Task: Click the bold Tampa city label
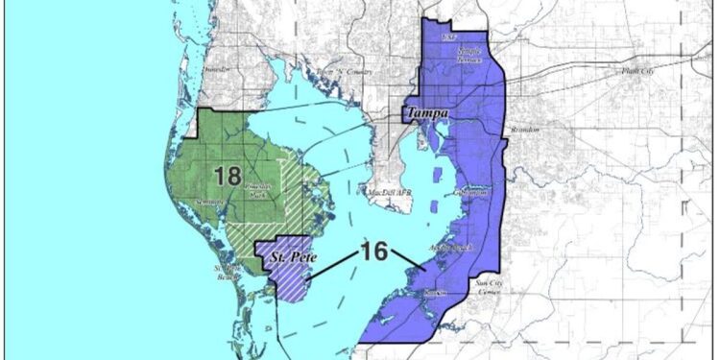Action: click(x=427, y=113)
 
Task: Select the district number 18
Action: click(x=228, y=176)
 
